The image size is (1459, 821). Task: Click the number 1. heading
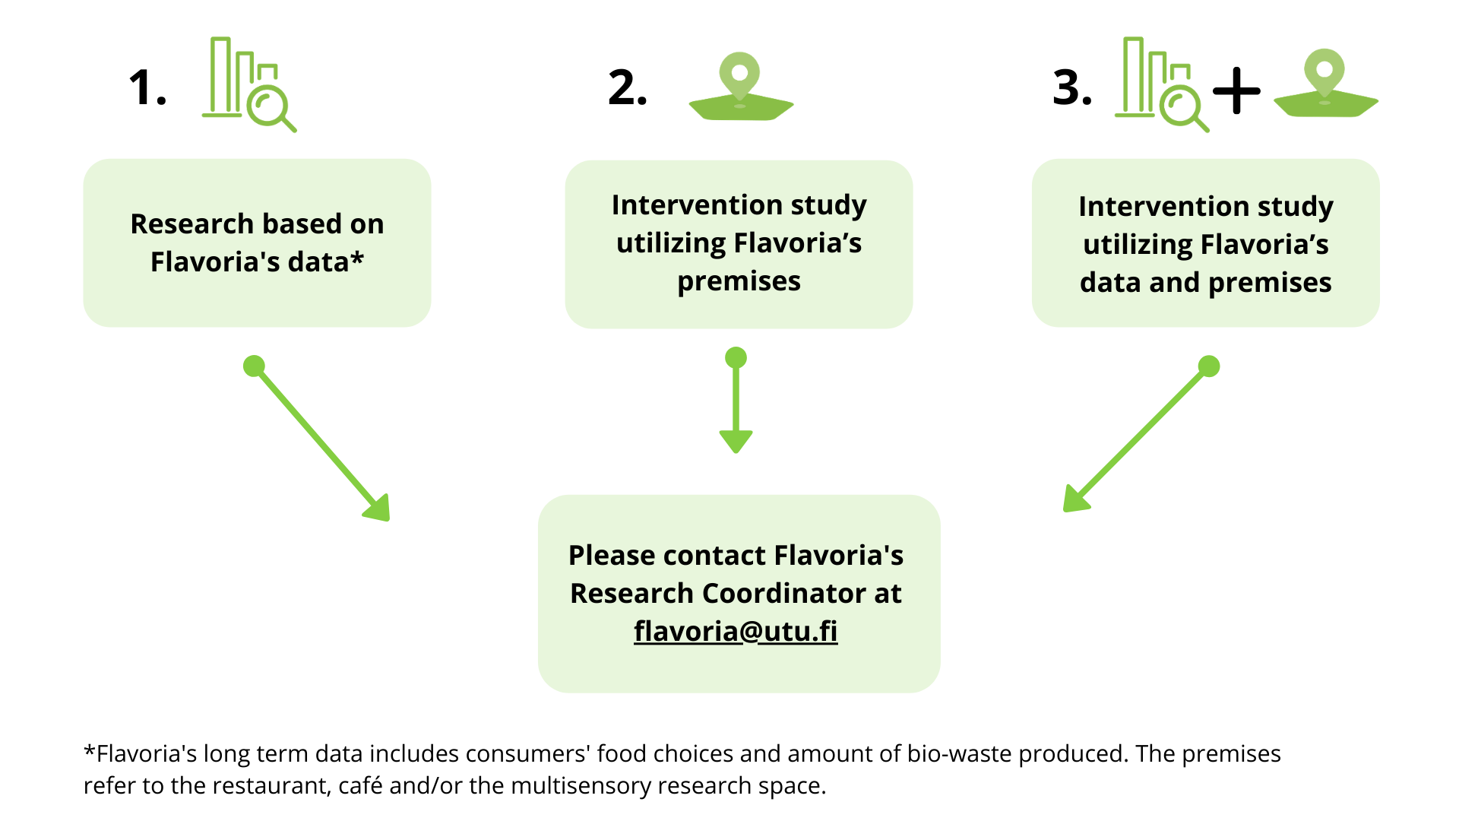[x=147, y=87]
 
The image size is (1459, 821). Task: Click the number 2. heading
[x=628, y=87]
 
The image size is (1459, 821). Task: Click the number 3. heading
[x=1072, y=87]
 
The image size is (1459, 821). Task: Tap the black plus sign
[x=1236, y=90]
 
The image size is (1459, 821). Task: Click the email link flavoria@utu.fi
[x=736, y=631]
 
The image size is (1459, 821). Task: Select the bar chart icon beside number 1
[x=249, y=84]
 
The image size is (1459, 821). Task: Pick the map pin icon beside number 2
[x=741, y=86]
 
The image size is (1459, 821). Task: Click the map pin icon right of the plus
[x=1326, y=83]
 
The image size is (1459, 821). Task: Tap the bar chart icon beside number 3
[x=1162, y=84]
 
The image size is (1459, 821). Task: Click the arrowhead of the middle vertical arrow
[x=736, y=441]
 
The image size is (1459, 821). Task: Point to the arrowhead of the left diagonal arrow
[x=378, y=508]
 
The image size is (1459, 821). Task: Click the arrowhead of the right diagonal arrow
[x=1076, y=499]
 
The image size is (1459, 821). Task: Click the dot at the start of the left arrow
[x=254, y=366]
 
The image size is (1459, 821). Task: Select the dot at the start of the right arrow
[x=1209, y=366]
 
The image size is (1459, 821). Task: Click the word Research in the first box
[x=191, y=223]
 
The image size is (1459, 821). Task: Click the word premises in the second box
[x=739, y=282]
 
